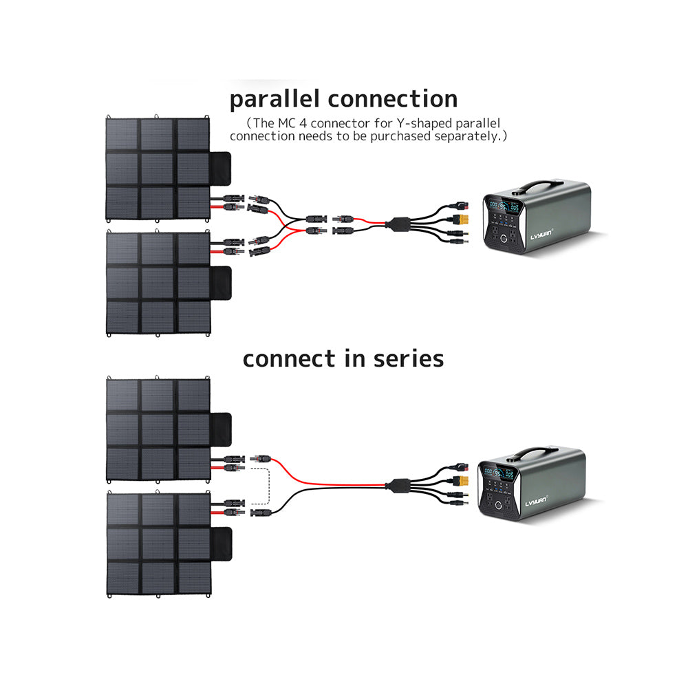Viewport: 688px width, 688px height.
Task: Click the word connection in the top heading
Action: pyautogui.click(x=392, y=99)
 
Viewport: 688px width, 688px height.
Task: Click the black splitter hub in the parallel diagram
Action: pyautogui.click(x=398, y=224)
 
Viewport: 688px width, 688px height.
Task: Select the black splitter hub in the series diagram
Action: pyautogui.click(x=396, y=484)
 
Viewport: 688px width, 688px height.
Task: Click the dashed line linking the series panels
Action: pyautogui.click(x=265, y=485)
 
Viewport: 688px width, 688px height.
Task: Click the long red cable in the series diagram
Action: pyautogui.click(x=330, y=480)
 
